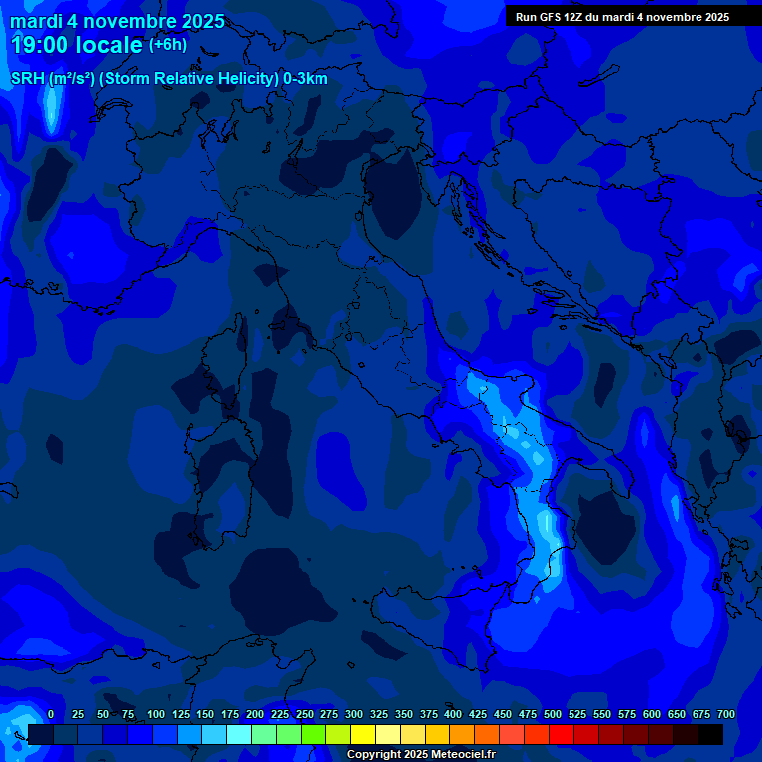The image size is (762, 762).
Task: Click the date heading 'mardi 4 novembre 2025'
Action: click(x=117, y=21)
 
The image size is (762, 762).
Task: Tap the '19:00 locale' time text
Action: click(x=77, y=45)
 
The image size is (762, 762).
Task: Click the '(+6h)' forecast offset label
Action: click(x=167, y=44)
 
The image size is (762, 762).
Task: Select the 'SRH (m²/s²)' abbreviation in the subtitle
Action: click(x=53, y=79)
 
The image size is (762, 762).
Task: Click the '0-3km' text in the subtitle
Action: click(x=306, y=79)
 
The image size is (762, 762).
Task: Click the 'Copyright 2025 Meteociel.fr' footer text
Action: click(x=421, y=754)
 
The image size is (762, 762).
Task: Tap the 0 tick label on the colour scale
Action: click(x=51, y=714)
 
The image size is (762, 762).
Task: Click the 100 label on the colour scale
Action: click(x=156, y=714)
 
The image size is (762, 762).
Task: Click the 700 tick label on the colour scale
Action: click(x=726, y=714)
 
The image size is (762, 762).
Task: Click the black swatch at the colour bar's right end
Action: click(x=710, y=734)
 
